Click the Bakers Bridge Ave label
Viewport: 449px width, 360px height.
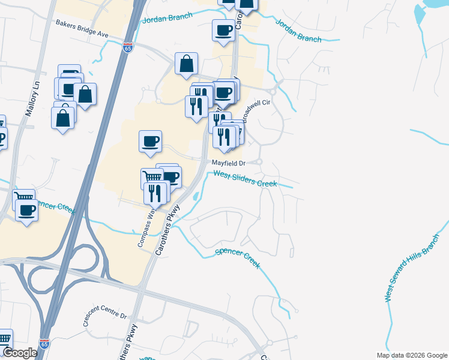(x=82, y=29)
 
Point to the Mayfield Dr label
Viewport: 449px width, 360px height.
(x=228, y=163)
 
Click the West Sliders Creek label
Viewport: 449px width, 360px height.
(x=246, y=178)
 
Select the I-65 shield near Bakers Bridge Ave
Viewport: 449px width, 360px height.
(x=128, y=47)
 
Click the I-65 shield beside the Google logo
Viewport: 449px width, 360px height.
(x=43, y=344)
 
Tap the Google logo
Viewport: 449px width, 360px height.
(x=20, y=353)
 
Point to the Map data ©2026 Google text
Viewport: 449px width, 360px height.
(x=412, y=355)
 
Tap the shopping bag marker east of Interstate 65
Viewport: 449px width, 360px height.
(x=187, y=64)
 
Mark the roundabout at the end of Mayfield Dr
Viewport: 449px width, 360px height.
(x=259, y=162)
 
